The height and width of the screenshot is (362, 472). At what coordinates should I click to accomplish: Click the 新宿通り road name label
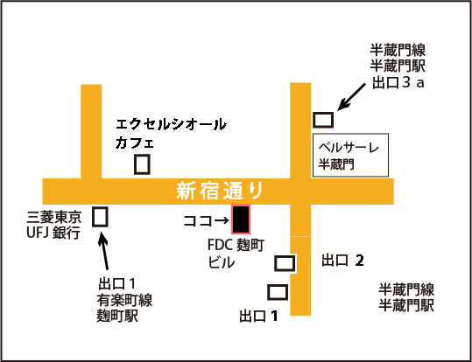220,191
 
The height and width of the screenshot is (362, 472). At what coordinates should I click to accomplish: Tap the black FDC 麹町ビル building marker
241,219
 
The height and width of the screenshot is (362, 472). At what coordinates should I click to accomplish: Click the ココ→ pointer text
206,221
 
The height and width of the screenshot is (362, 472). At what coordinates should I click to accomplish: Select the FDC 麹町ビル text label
236,254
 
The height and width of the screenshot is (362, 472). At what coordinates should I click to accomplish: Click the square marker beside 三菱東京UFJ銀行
100,217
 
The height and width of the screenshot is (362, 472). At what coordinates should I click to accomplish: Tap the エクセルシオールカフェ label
171,133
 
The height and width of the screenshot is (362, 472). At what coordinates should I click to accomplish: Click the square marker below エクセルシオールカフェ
142,164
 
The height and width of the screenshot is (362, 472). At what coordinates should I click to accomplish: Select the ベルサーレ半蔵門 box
350,155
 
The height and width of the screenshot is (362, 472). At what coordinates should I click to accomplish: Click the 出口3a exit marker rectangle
323,120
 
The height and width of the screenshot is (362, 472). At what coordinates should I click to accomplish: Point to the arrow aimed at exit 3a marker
351,97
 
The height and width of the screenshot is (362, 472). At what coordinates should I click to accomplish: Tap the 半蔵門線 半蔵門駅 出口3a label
398,66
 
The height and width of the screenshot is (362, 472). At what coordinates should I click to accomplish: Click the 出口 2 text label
342,260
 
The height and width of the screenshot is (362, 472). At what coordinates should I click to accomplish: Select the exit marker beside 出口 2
285,263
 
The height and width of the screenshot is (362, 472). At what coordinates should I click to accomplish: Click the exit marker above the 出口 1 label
278,292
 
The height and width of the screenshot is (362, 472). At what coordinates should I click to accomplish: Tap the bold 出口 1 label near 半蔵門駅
258,316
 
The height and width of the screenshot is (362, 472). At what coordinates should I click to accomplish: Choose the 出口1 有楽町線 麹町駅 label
124,300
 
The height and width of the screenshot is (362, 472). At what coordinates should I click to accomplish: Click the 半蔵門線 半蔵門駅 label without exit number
406,297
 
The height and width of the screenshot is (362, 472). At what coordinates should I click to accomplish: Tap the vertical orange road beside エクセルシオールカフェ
91,131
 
